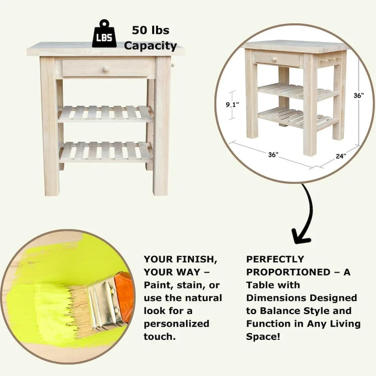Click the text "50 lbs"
(x=150, y=31)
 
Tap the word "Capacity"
(x=150, y=46)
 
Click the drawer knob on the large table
(x=105, y=70)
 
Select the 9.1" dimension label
(x=233, y=105)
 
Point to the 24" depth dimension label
(x=341, y=156)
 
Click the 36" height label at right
(x=359, y=95)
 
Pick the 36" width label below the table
(x=274, y=155)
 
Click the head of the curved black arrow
(x=300, y=237)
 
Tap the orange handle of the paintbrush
(x=123, y=295)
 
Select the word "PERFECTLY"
(x=275, y=259)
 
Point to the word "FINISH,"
(x=196, y=259)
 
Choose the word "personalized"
(x=177, y=324)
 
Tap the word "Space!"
(x=263, y=337)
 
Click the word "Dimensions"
(x=276, y=298)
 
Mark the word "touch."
(x=160, y=337)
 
